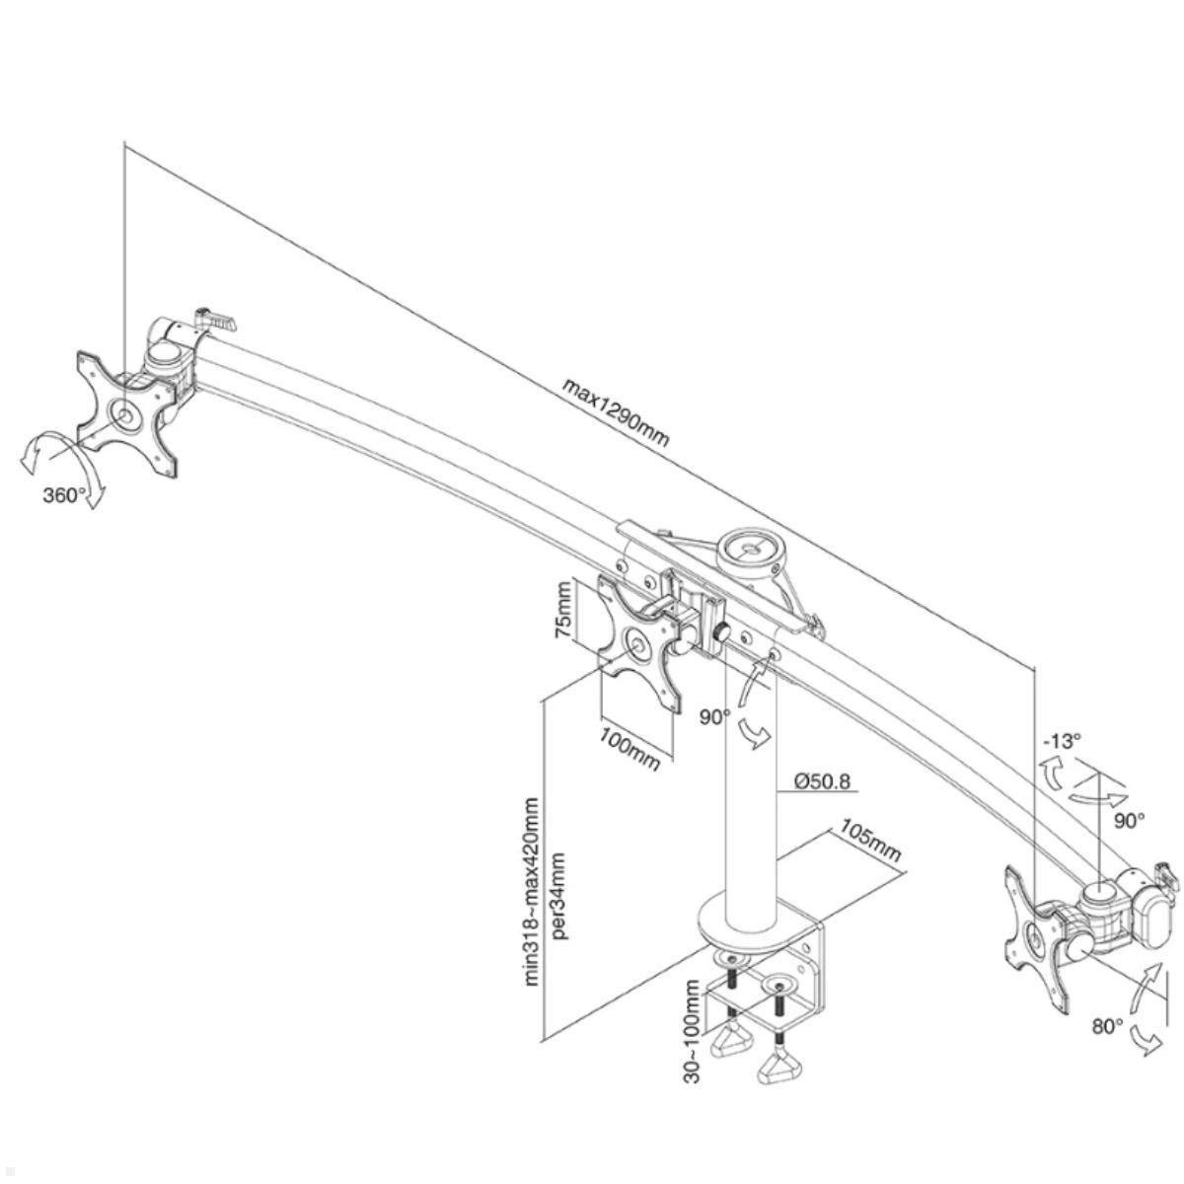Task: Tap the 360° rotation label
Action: click(x=65, y=495)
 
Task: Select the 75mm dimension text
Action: click(x=563, y=611)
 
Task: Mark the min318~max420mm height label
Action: click(x=533, y=891)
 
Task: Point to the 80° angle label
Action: click(x=1107, y=1026)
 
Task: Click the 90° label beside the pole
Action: click(x=714, y=717)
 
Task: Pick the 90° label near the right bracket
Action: click(x=1129, y=819)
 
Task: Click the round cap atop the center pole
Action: click(x=747, y=546)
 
